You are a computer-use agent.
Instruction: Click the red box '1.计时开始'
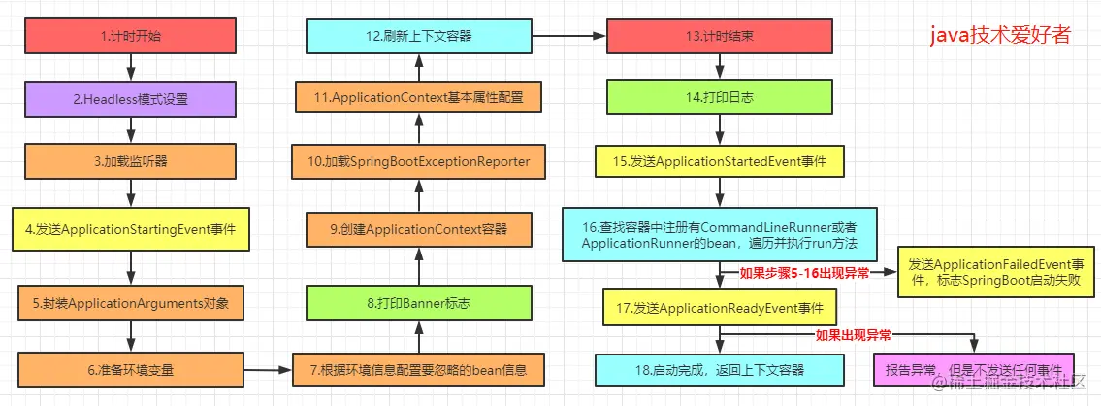coord(131,37)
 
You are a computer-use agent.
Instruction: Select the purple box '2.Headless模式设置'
coord(131,98)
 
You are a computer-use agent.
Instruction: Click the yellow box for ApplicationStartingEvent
coord(131,232)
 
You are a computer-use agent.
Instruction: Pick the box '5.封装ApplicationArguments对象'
coord(131,303)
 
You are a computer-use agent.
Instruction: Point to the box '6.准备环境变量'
coord(131,369)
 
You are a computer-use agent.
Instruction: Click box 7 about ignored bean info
coord(419,369)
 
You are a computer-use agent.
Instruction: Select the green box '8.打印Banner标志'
coord(419,303)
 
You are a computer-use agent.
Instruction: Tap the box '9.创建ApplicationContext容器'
coord(419,230)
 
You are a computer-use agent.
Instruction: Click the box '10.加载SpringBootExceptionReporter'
coord(419,161)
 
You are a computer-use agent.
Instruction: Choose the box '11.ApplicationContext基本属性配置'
coord(419,98)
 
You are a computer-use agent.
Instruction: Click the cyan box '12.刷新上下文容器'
coord(419,37)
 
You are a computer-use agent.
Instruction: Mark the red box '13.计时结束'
coord(719,37)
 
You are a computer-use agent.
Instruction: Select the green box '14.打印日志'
coord(719,98)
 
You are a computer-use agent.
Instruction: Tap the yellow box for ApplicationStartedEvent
coord(719,161)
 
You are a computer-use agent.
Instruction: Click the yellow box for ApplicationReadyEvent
coord(719,308)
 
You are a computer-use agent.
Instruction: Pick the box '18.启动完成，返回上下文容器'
coord(719,369)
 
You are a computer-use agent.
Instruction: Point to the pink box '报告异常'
coord(975,369)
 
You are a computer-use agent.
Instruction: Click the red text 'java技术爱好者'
coord(1000,36)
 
